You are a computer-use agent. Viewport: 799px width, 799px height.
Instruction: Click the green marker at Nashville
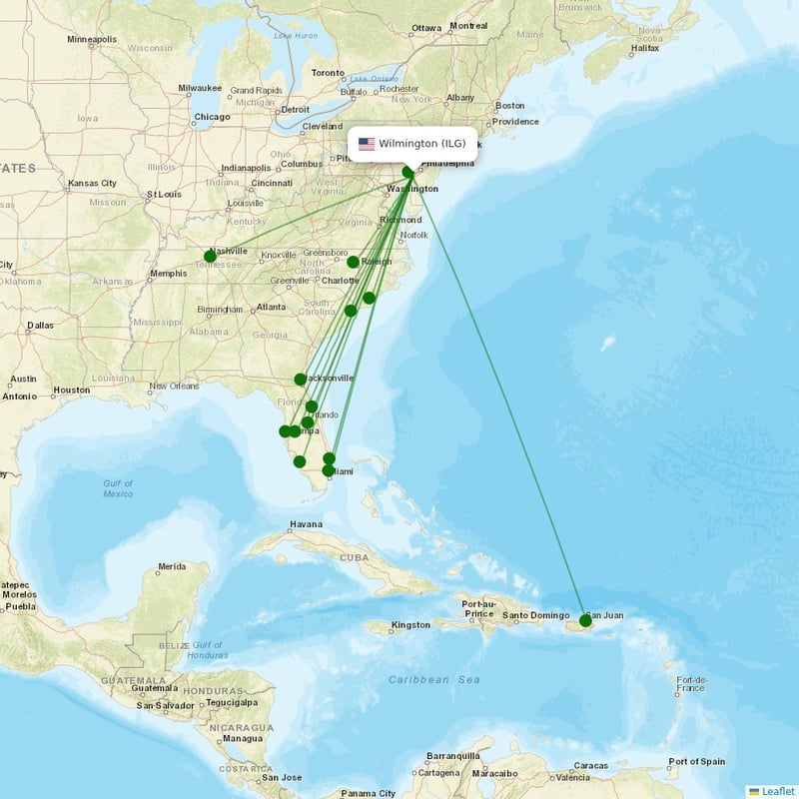click(210, 257)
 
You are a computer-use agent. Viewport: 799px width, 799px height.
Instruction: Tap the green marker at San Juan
click(585, 620)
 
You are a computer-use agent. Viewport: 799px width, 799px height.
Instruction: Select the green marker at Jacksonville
click(301, 380)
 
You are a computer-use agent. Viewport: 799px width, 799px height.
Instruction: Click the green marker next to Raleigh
click(353, 262)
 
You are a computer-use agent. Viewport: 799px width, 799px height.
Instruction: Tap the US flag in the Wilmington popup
click(367, 144)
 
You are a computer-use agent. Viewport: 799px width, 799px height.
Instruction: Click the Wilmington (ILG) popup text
click(421, 144)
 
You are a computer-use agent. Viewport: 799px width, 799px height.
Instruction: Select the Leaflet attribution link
click(778, 791)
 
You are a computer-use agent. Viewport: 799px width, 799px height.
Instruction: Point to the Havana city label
click(306, 524)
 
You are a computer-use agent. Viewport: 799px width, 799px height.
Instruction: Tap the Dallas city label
click(41, 326)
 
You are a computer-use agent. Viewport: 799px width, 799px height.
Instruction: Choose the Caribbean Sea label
click(434, 679)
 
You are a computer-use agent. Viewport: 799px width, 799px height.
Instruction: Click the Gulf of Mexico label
click(118, 488)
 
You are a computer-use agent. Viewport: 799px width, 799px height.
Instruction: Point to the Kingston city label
click(410, 625)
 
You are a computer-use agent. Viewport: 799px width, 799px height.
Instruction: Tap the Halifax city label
click(645, 47)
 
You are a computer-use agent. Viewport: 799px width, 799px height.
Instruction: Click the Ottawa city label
click(426, 27)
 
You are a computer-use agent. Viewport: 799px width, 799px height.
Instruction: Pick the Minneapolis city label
click(92, 40)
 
